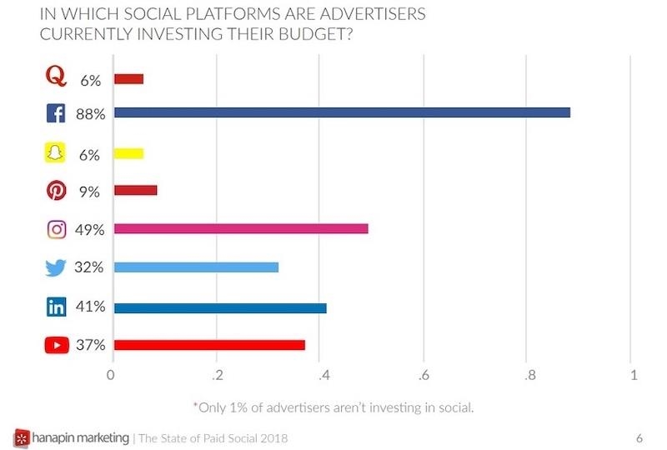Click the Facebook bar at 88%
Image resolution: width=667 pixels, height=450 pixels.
(x=342, y=112)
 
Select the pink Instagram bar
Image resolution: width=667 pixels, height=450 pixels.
(x=240, y=228)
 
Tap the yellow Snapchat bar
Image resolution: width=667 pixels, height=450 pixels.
(x=128, y=153)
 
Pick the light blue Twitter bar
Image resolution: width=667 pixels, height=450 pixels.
(x=196, y=267)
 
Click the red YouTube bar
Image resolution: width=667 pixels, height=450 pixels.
(x=209, y=345)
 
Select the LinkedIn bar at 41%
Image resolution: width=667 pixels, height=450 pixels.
(x=220, y=307)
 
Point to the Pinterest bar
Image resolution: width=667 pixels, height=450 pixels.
(x=135, y=190)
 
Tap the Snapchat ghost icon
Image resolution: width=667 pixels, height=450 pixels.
(x=56, y=153)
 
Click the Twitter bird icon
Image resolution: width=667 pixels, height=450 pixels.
(x=56, y=267)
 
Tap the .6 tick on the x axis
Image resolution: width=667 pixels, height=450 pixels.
(x=425, y=375)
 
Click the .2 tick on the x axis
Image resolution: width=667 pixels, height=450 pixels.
(x=217, y=375)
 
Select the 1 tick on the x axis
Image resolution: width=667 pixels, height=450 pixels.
(x=634, y=375)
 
